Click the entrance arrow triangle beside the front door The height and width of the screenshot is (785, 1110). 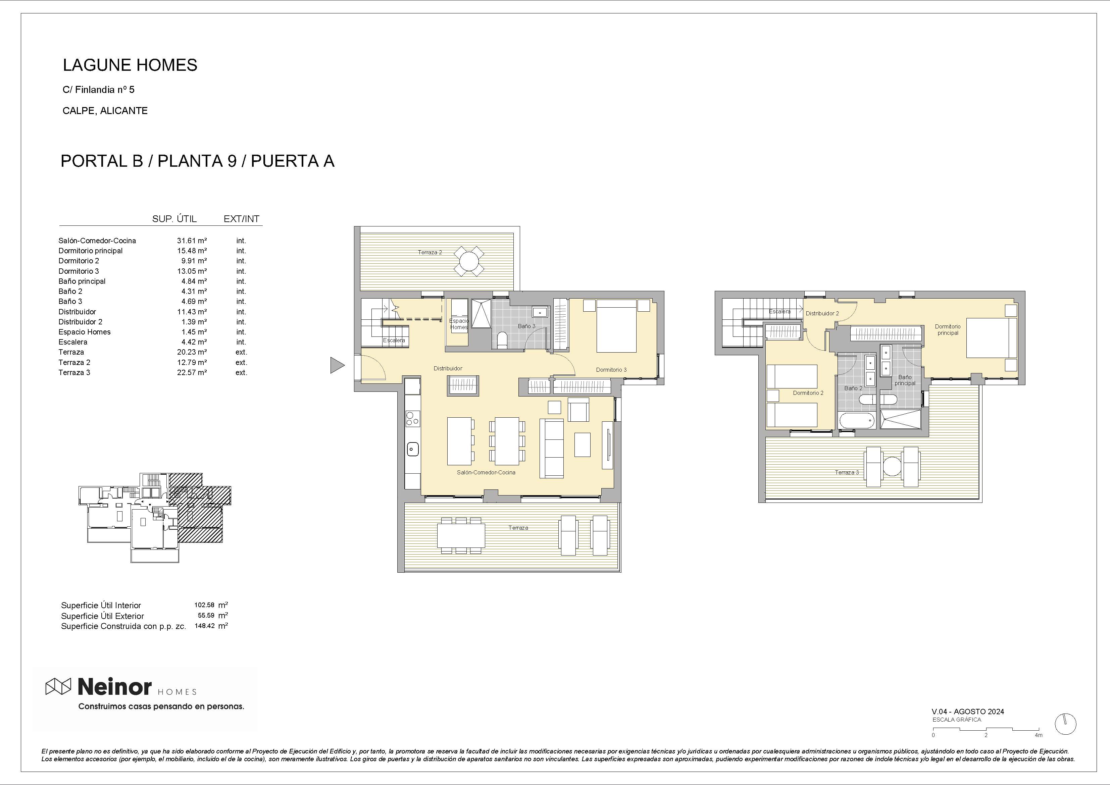click(337, 365)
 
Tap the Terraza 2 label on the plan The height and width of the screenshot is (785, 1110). click(430, 252)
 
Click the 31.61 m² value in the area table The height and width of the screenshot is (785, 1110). click(192, 241)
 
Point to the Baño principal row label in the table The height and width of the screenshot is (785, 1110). click(82, 281)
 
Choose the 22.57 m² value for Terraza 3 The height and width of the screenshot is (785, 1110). click(192, 373)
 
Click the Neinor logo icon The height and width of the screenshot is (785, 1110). click(58, 686)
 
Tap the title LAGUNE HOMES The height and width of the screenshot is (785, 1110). click(130, 65)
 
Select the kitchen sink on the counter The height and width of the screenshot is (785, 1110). click(412, 450)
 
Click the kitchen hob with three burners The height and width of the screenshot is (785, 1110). click(412, 419)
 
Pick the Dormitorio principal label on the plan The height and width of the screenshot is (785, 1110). click(948, 330)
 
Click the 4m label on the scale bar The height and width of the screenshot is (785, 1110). click(1039, 735)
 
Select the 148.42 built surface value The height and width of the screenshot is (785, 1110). click(204, 626)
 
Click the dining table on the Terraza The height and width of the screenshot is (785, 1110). click(461, 536)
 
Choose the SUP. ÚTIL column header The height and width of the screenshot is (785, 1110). click(174, 219)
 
